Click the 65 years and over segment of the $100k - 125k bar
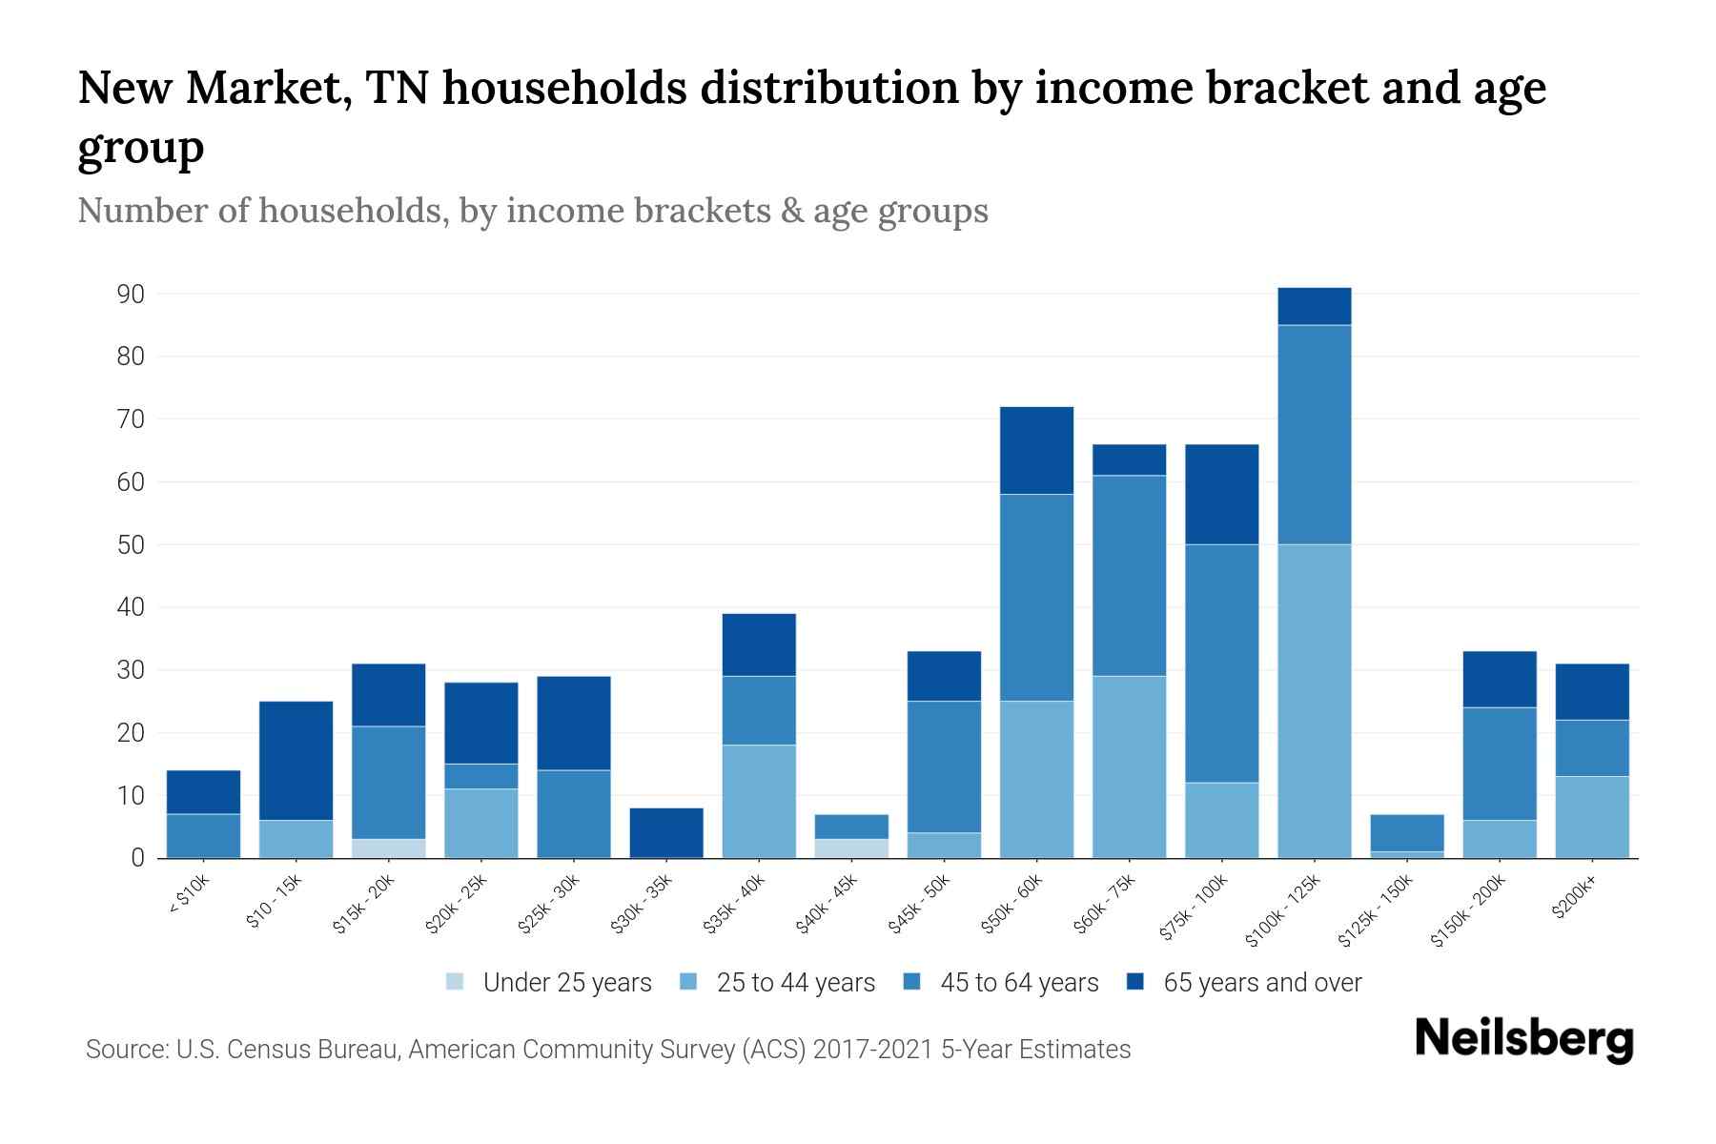[1314, 307]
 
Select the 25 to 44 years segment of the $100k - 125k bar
[1314, 701]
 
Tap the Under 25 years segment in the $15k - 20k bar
[388, 848]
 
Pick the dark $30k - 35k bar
[666, 833]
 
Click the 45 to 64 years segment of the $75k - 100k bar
[1221, 664]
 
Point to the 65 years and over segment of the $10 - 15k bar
[296, 761]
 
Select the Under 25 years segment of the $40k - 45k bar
[851, 848]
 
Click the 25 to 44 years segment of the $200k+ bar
[1591, 817]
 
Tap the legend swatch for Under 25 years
[455, 981]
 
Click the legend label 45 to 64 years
[1018, 983]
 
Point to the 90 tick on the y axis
[131, 295]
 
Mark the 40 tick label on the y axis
[131, 607]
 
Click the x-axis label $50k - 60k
[1013, 904]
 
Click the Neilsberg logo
[1523, 1039]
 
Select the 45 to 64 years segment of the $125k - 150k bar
[1406, 833]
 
